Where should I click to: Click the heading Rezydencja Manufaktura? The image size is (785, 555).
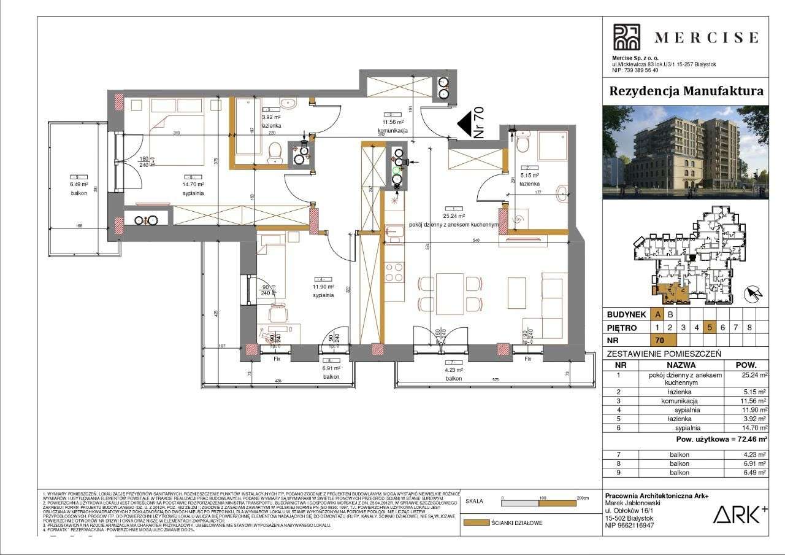686,91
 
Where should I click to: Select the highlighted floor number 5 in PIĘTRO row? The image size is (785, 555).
709,327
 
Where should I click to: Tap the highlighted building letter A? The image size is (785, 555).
657,314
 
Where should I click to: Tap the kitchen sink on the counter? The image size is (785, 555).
396,231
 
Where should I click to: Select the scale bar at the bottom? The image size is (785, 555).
539,503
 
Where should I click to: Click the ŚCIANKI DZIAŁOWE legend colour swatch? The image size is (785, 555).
475,523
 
